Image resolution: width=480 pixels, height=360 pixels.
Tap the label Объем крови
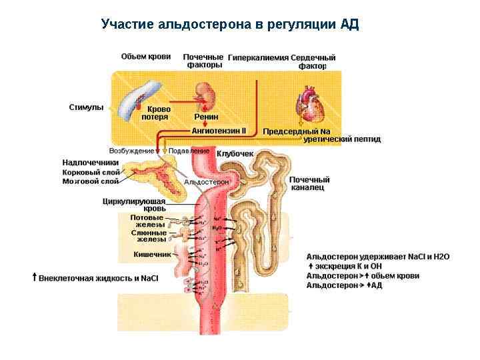click(146, 56)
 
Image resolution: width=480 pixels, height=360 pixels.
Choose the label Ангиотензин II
click(219, 131)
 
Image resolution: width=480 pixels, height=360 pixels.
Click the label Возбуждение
click(131, 151)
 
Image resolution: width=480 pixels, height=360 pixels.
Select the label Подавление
click(189, 151)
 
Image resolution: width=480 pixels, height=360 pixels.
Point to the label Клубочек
click(235, 154)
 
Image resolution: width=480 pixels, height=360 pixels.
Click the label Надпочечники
click(91, 162)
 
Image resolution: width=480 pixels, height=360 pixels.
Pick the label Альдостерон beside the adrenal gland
click(206, 182)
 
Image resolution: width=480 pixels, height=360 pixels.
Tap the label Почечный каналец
click(310, 183)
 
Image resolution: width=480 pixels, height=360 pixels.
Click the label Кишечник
click(152, 254)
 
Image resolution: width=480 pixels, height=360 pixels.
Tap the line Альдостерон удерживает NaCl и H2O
click(378, 256)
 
